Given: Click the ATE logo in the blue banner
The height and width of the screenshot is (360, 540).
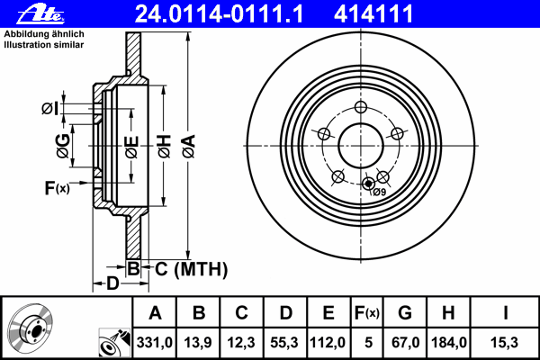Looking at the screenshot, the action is pos(40,13).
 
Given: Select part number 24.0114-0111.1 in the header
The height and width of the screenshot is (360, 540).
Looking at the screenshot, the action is pos(219,14).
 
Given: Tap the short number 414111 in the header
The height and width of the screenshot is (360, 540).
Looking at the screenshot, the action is pos(373,14).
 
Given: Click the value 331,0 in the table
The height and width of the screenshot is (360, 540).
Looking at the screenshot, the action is pos(155,342).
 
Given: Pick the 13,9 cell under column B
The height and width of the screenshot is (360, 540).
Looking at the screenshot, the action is pos(198,342).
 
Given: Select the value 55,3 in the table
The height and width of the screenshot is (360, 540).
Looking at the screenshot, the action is pos(284,342).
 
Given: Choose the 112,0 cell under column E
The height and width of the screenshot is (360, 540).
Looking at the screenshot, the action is pos(328,342).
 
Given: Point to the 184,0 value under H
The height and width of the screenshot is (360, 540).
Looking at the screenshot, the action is pos(449,342).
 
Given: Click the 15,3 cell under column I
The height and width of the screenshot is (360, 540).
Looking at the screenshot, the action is pos(504,342).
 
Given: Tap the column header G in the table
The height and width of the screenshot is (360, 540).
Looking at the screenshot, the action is pos(405,313).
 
